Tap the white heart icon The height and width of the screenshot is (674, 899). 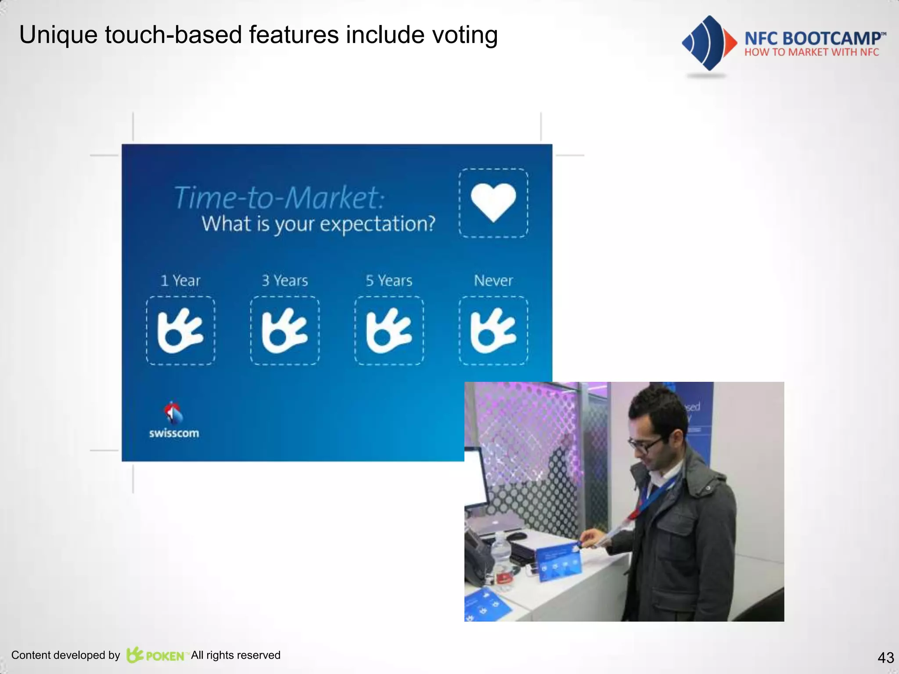(493, 202)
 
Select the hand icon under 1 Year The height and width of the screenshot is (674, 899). (180, 330)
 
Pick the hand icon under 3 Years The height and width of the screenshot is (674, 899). (284, 330)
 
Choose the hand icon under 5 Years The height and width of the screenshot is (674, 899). (389, 330)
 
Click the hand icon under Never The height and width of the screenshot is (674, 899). (493, 330)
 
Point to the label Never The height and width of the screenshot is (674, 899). (493, 280)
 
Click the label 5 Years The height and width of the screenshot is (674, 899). (389, 280)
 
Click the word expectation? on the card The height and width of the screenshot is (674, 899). (378, 224)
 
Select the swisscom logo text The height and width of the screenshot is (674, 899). (174, 433)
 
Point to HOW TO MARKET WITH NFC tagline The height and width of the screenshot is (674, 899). (812, 52)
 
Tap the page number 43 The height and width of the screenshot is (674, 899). (885, 657)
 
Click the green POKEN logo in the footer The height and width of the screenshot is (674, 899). (156, 655)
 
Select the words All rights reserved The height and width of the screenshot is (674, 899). (236, 655)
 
